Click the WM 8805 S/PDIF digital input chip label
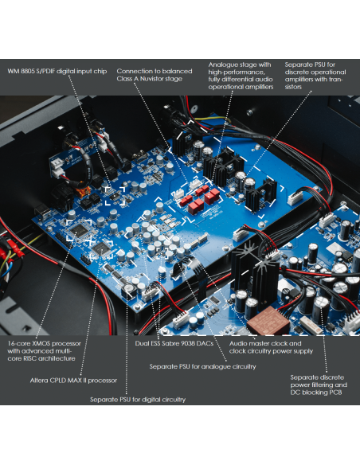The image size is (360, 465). tap(57, 71)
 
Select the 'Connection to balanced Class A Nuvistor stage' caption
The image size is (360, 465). tap(155, 75)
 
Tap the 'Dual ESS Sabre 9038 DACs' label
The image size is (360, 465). tap(174, 343)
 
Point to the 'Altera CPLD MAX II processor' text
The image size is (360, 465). tap(73, 380)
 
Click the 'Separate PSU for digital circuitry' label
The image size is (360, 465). tap(138, 400)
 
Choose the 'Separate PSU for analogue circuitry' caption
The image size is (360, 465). tap(202, 366)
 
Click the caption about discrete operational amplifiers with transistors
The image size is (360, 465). tap(315, 76)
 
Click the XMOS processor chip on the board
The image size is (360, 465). tap(79, 230)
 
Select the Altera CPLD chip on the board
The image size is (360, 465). tap(102, 248)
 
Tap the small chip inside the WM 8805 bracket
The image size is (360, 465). tap(115, 196)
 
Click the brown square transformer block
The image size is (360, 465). tap(268, 320)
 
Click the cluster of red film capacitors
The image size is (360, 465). tap(200, 197)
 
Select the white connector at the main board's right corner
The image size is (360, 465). tap(295, 197)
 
